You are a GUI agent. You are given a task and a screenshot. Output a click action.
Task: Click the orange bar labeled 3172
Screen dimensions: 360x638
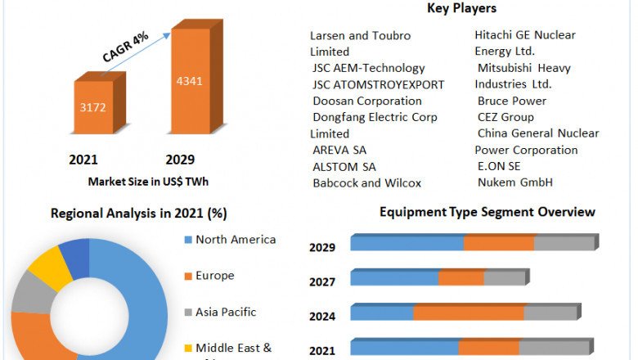coord(98,106)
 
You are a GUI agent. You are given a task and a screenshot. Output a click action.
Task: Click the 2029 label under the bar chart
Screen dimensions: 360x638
coord(180,160)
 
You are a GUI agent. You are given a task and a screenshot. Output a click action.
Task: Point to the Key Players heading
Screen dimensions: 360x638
coord(461,9)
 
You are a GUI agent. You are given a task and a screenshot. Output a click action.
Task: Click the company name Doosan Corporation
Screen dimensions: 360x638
coord(367,101)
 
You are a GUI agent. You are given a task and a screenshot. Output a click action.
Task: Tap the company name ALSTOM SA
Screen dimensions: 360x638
coord(344,166)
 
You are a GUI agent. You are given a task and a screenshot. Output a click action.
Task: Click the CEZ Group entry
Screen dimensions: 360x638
coord(505,117)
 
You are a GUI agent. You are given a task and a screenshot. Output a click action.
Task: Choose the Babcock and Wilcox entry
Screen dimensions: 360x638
coord(366,182)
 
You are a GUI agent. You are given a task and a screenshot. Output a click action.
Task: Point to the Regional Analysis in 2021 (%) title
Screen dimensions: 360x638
coord(139,214)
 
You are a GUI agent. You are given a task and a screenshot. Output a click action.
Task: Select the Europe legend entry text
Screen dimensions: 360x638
coord(215,276)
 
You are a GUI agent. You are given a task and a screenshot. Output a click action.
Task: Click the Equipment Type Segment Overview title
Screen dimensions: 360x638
coord(487,212)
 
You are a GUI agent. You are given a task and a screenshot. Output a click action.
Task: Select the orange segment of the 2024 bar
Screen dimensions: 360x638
coord(469,313)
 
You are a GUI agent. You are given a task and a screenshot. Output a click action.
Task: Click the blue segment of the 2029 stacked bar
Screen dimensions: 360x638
coord(407,243)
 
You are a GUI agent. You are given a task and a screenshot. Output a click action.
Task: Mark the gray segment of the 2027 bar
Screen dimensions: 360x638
coord(504,278)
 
